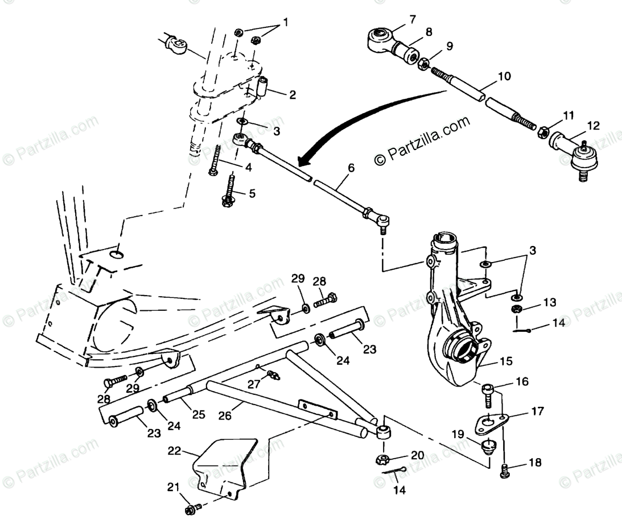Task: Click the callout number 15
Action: [506, 361]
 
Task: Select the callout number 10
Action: [504, 76]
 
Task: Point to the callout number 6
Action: [351, 168]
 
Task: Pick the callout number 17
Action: [537, 410]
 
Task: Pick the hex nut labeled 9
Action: [423, 64]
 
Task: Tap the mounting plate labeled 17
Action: [491, 421]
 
